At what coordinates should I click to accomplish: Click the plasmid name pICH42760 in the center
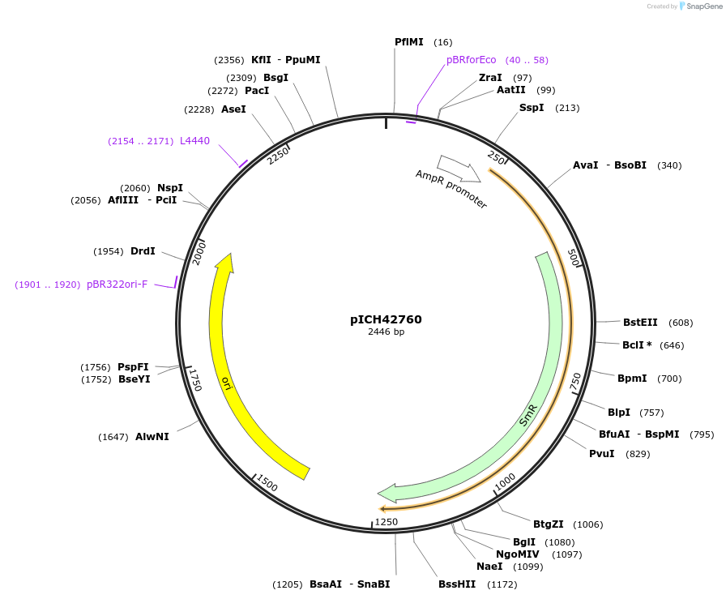point(386,319)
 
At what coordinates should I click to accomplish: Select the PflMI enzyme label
point(408,42)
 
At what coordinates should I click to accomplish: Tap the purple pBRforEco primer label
point(471,60)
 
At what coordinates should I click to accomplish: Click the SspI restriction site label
point(531,108)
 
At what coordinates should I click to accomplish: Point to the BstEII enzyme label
point(640,323)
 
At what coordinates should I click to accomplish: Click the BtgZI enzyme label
point(548,524)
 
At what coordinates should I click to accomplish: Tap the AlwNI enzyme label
point(152,437)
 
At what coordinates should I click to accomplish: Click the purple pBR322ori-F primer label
point(117,285)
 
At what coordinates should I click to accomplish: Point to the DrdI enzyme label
point(143,251)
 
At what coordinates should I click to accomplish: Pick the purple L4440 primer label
point(194,141)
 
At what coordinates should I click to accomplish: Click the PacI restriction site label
point(257,91)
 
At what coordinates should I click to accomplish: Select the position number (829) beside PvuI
point(638,454)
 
